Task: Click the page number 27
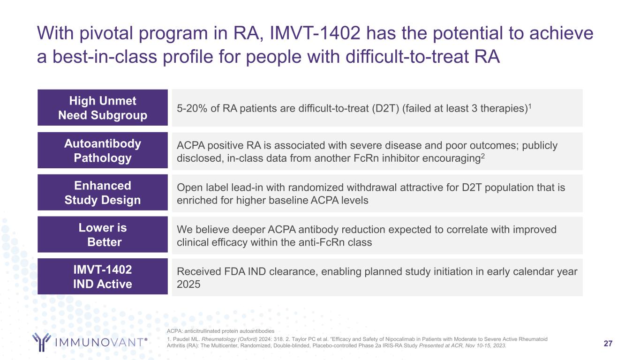(608, 343)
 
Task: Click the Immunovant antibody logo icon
(42, 342)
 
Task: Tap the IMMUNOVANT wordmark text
(101, 342)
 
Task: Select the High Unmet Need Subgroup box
(103, 107)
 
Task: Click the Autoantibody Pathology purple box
(103, 150)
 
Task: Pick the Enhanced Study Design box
(103, 192)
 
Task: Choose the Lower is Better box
(103, 234)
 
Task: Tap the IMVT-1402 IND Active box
(103, 276)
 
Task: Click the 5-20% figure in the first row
(192, 109)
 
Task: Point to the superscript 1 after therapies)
(530, 106)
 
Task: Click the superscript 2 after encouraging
(483, 156)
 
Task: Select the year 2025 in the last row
(188, 284)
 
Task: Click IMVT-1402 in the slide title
(315, 33)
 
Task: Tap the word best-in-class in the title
(105, 57)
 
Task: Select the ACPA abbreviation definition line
(220, 331)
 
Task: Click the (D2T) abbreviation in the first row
(385, 109)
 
